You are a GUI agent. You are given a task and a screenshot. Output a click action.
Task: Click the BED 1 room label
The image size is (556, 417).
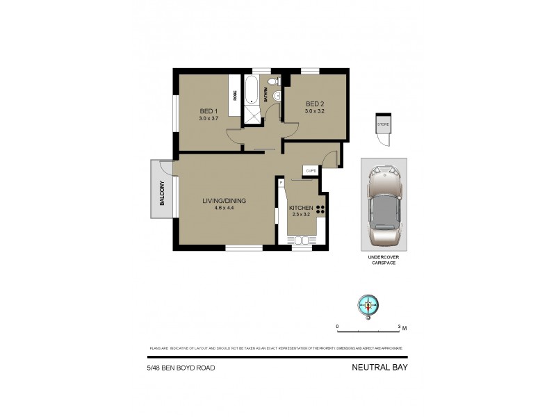coord(208,111)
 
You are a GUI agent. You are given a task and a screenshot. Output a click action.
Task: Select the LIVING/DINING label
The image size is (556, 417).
coord(224,201)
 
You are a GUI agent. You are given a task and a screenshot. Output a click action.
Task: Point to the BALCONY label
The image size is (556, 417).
coord(161,193)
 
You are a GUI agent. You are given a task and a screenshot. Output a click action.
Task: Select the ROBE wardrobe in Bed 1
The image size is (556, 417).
coord(235,97)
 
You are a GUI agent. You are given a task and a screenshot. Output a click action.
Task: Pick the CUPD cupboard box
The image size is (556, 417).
coord(311,171)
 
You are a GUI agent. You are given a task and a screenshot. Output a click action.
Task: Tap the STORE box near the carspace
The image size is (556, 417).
coord(383,124)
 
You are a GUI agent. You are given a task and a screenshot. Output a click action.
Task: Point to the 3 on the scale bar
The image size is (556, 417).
coord(399,326)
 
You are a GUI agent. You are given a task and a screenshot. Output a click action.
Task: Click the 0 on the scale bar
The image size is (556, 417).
coord(338,326)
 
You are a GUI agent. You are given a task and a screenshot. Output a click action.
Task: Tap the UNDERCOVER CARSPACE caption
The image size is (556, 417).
coord(384,259)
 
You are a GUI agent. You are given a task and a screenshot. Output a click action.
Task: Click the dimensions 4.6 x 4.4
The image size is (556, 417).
coord(224,208)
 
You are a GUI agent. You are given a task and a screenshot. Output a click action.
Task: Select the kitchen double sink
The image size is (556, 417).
coord(302,240)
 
